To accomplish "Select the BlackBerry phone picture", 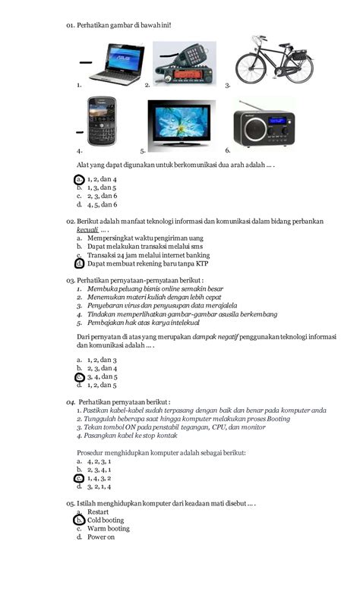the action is (100, 121).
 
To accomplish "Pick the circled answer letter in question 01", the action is (79, 179).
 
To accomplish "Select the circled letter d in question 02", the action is (79, 264).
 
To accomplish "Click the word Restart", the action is (98, 512).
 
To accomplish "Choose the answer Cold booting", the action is (106, 521).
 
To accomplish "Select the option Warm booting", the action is (108, 529).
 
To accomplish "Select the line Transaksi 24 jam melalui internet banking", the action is (148, 255).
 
